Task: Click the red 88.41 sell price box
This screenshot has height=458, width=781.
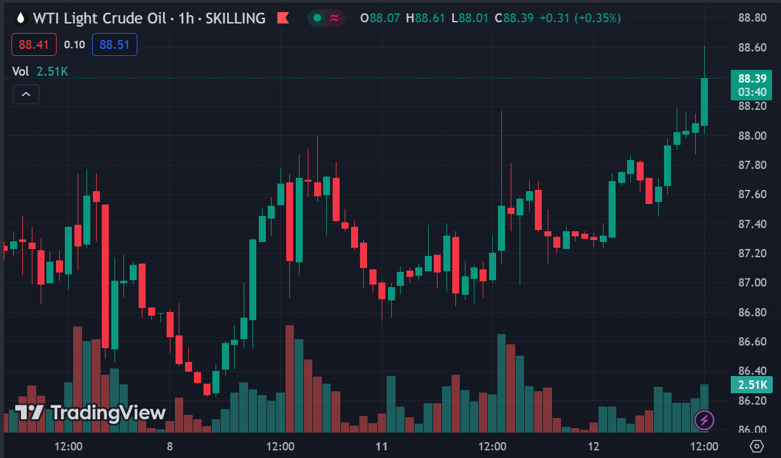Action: pos(34,44)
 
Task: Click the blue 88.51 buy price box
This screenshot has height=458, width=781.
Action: pos(114,44)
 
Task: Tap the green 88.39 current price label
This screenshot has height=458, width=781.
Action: pos(752,79)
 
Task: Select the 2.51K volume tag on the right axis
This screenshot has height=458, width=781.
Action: pos(752,384)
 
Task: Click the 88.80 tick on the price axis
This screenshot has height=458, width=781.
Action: pos(752,18)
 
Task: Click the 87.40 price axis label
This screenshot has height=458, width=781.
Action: pos(752,224)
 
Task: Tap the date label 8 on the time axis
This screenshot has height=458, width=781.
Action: pos(170,446)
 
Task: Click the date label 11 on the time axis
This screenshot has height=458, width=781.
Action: pos(382,446)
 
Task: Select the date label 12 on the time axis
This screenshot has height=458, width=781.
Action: pos(594,446)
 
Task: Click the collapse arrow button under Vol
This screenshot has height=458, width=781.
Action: pos(26,95)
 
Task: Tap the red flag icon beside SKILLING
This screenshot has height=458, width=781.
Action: pos(283,18)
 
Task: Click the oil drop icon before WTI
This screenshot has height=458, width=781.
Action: pos(21,18)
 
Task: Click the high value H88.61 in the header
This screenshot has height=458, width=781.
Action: pos(430,18)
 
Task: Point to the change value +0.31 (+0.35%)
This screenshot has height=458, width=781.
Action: pos(579,18)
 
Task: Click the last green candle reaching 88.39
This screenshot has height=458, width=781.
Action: pos(705,102)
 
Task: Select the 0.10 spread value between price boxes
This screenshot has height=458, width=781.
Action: pos(74,44)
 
